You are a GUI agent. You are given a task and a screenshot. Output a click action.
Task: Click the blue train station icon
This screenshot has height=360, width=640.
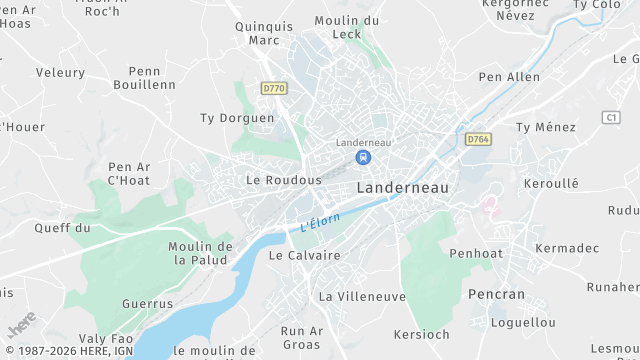[x=364, y=157]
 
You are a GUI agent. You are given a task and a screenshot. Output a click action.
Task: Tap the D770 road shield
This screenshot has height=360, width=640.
[x=273, y=88]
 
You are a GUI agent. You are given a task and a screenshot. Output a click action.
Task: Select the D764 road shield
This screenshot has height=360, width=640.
[x=478, y=140]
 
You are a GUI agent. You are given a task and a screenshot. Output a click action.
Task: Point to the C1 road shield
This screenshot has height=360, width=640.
[x=611, y=117]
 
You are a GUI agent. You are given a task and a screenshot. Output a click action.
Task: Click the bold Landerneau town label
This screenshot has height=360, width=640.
[x=403, y=187]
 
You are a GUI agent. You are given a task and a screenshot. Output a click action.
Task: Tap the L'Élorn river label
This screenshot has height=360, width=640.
[x=321, y=223]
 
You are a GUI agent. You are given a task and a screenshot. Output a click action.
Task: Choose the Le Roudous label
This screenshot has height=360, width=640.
[x=284, y=180]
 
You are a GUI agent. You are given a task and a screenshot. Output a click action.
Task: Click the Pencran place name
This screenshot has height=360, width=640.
[x=496, y=294]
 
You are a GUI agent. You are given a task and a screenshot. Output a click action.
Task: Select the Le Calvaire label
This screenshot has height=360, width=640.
[x=304, y=255]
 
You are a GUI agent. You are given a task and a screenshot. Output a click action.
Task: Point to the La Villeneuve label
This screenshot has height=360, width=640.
[x=362, y=297]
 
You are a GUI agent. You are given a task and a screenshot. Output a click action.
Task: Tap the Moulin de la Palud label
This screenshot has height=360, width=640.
[x=201, y=253]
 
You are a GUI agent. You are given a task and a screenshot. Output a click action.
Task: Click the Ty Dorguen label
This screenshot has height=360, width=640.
[x=237, y=118]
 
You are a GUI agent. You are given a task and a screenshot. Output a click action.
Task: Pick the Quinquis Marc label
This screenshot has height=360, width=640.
[x=264, y=33]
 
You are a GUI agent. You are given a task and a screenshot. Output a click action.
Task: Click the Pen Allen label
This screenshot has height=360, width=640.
[x=509, y=77]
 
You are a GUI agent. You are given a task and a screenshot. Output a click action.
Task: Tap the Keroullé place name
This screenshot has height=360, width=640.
[x=551, y=184]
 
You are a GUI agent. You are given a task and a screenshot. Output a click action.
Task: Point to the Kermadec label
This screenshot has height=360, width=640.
[x=567, y=247]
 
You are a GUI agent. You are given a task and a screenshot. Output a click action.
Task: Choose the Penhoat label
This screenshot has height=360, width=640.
[x=476, y=254]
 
